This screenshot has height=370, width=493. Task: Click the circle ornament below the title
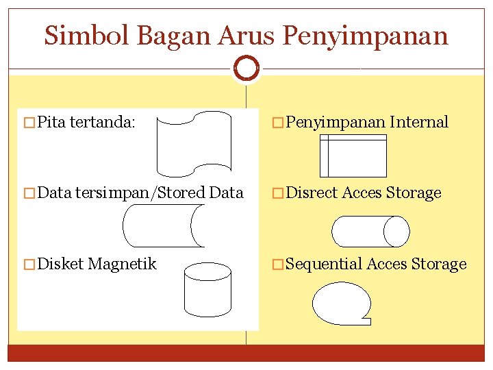[246, 67]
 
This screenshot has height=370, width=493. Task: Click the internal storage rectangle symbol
[353, 156]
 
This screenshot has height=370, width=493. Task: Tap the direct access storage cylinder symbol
[370, 231]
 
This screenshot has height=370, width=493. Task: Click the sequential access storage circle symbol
[342, 302]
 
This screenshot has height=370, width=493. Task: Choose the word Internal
[419, 123]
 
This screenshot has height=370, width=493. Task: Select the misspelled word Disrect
[312, 193]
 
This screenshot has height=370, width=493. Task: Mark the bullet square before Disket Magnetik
[28, 264]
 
